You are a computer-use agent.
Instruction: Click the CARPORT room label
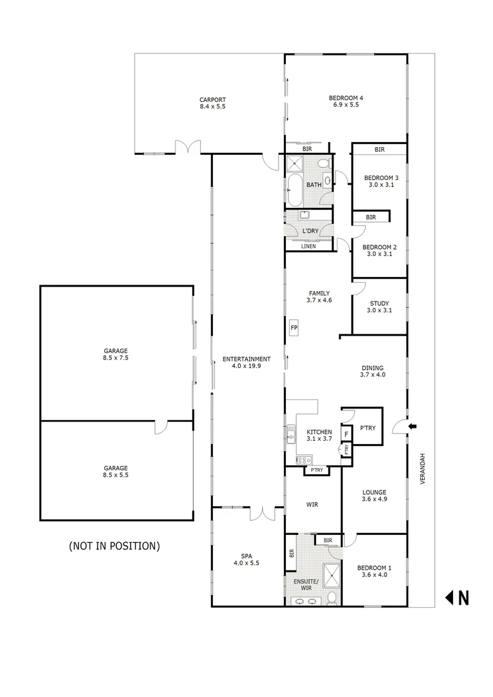pyautogui.click(x=212, y=103)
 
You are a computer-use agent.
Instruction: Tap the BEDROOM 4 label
pyautogui.click(x=345, y=101)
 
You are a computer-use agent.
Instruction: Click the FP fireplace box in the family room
pyautogui.click(x=294, y=328)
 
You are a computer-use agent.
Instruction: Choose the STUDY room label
pyautogui.click(x=379, y=307)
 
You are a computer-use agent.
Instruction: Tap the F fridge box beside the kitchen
pyautogui.click(x=346, y=434)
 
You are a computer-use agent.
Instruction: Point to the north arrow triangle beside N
pyautogui.click(x=449, y=598)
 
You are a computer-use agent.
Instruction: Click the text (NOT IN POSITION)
pyautogui.click(x=114, y=546)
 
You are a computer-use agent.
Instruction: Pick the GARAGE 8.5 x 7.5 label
pyautogui.click(x=116, y=354)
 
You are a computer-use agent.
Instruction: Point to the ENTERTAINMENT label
pyautogui.click(x=246, y=363)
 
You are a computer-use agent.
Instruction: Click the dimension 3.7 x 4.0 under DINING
pyautogui.click(x=372, y=374)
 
